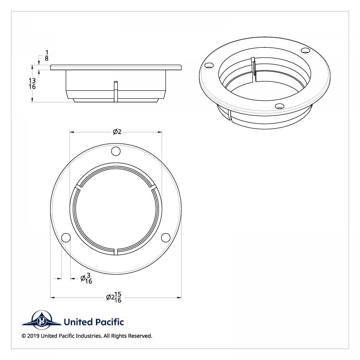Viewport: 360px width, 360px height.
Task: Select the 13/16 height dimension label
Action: [32, 84]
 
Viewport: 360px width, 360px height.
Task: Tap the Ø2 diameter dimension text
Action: [117, 132]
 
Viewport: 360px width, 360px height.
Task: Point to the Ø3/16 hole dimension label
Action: [86, 279]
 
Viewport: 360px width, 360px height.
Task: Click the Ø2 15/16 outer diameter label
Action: [114, 297]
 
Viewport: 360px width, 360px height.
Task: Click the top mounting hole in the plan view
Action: [116, 151]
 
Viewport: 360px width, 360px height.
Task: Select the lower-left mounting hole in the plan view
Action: [66, 238]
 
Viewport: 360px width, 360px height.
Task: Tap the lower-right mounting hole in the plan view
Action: [166, 237]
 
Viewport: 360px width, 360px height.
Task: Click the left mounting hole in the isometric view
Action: [209, 65]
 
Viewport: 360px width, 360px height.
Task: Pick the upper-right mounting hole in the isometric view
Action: [305, 50]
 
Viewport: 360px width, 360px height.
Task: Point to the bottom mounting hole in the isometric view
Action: [280, 106]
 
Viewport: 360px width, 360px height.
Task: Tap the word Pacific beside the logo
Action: [109, 322]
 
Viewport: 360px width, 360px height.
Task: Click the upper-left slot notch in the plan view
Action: [78, 187]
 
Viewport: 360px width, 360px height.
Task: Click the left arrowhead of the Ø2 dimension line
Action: [72, 132]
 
